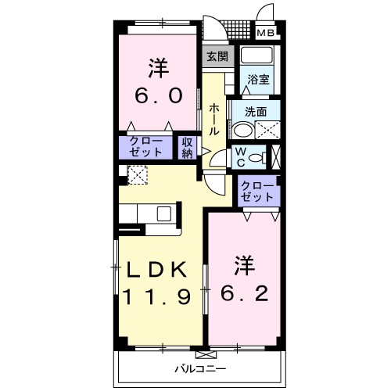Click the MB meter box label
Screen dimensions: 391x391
267,33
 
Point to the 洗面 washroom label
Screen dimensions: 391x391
256,110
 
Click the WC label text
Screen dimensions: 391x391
242,156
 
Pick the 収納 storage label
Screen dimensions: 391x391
187,148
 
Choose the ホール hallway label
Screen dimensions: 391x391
213,120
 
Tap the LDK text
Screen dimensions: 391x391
156,270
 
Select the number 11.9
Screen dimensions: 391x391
156,297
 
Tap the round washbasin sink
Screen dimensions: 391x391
244,131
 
